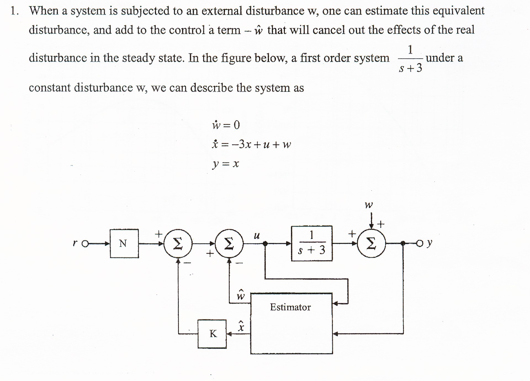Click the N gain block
coord(124,243)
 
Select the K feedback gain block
coord(212,334)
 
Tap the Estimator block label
coord(290,307)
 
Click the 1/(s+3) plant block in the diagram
coord(312,243)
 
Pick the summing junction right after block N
coord(178,243)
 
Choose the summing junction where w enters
coord(372,243)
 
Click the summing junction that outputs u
coord(229,243)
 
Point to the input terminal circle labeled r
coord(85,244)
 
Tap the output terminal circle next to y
coord(420,243)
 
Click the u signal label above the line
coord(257,236)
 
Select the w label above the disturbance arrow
coord(369,205)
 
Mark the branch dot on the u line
coord(265,243)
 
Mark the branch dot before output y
coord(403,243)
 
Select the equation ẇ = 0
coord(226,125)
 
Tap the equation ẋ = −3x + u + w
coord(251,144)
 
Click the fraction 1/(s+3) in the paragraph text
coord(410,59)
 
